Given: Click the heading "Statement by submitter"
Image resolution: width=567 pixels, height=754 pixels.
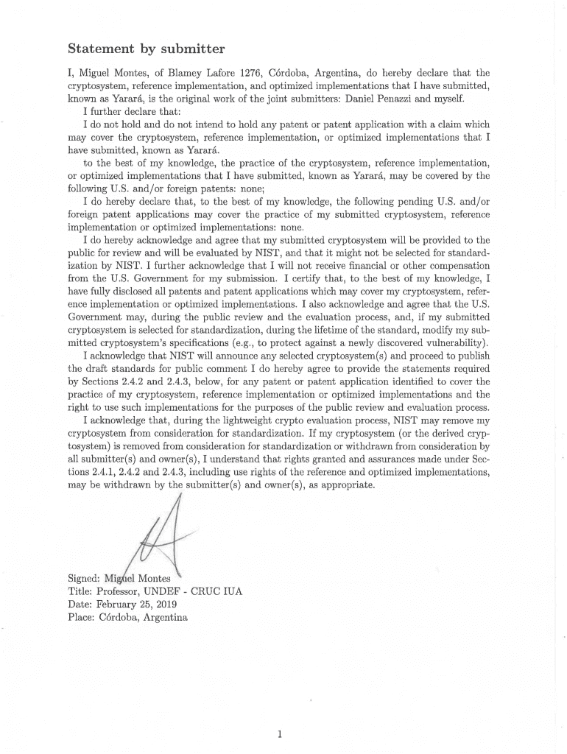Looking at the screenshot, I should click(146, 50).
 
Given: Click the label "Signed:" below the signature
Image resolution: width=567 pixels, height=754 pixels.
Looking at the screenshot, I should click(84, 578).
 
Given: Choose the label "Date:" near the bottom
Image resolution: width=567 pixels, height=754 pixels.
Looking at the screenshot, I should click(80, 604).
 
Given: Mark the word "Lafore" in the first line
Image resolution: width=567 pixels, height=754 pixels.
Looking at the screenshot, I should click(227, 74).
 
